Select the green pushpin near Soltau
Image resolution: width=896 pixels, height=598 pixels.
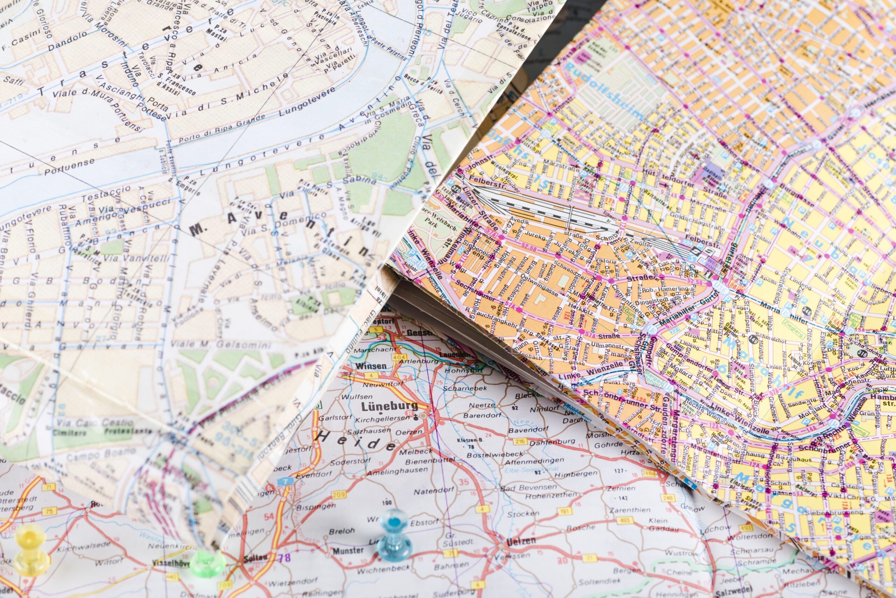pyautogui.click(x=208, y=563)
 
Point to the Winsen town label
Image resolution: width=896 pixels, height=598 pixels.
pyautogui.click(x=371, y=366)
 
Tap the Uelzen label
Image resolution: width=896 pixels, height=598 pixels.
pyautogui.click(x=521, y=542)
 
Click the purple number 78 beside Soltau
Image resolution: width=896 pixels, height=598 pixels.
pyautogui.click(x=284, y=558)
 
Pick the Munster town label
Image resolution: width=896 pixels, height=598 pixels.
pyautogui.click(x=348, y=550)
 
